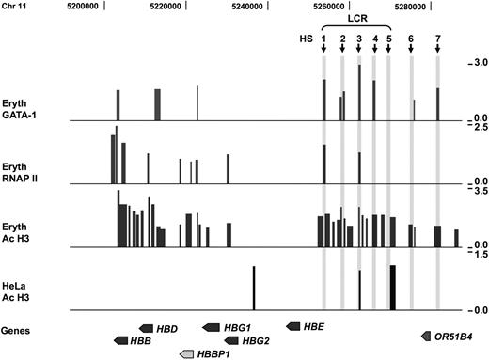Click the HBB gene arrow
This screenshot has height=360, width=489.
(x=122, y=340)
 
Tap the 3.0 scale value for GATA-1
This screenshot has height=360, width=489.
(x=477, y=62)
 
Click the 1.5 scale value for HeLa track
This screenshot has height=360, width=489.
(x=477, y=254)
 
